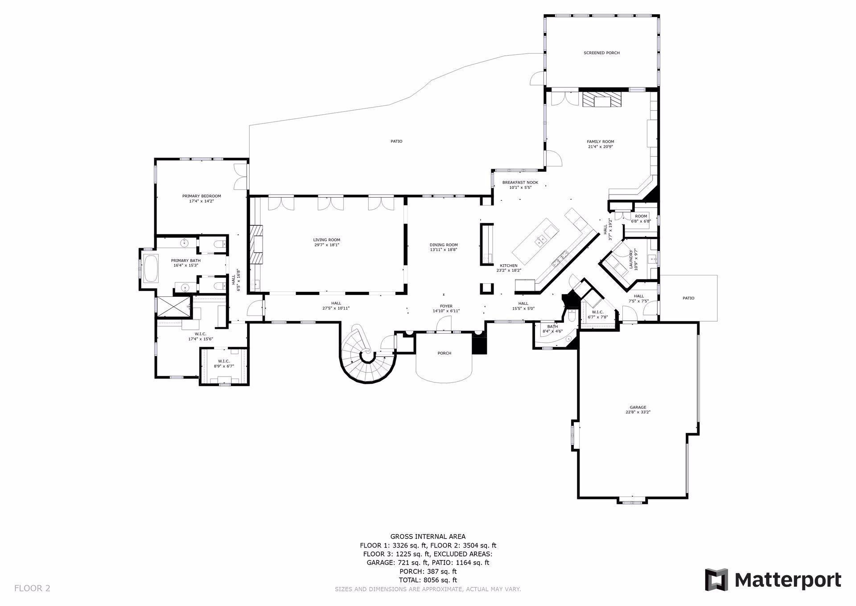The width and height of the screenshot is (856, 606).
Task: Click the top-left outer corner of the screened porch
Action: tap(544, 15)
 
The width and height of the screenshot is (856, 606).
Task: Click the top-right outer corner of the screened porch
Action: tap(659, 15)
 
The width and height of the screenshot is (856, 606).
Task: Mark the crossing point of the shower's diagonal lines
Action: tap(172, 307)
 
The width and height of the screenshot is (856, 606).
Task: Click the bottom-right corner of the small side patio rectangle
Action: tap(717, 320)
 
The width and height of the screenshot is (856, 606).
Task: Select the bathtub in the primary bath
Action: tap(151, 268)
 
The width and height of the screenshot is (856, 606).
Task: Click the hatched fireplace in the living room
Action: tap(256, 245)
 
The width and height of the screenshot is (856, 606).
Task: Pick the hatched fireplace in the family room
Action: tap(601, 100)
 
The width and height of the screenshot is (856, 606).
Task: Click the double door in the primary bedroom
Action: tap(241, 176)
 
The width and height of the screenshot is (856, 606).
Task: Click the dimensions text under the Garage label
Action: tap(638, 412)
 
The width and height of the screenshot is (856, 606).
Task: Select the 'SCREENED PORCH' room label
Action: tap(601, 53)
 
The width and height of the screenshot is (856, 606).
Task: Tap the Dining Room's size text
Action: tap(444, 250)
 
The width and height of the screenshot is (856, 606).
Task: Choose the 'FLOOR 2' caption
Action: tap(32, 588)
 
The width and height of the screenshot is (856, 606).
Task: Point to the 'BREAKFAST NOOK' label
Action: tap(520, 183)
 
